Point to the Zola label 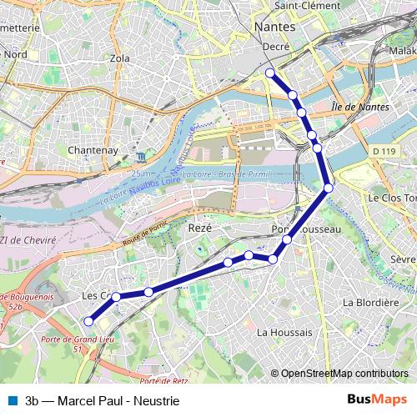coord(120,59)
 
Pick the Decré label coord(276,48)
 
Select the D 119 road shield coord(384,151)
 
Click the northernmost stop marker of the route coord(270,73)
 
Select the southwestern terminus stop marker coord(88,321)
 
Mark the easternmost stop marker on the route coord(329,188)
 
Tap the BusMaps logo coord(377,399)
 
